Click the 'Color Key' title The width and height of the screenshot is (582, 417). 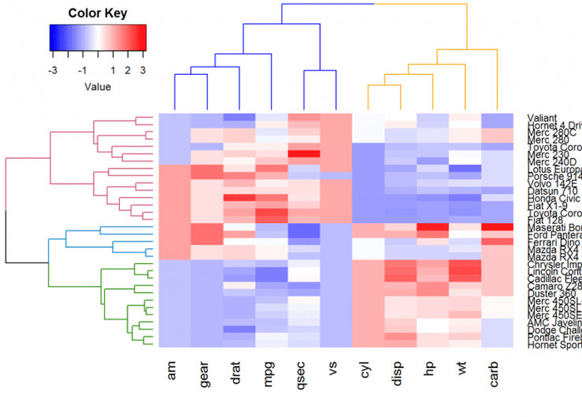[97, 13]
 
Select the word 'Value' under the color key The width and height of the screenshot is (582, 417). [97, 86]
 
